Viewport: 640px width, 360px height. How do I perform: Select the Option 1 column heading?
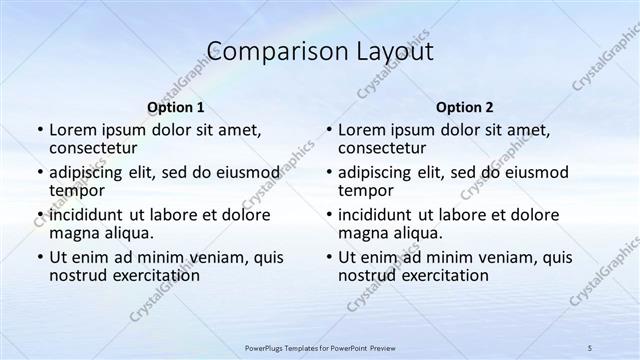coord(176,107)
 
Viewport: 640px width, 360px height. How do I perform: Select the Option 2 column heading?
coord(465,107)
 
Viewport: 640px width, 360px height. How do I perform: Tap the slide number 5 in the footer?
coord(590,346)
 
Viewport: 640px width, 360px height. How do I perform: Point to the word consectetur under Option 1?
coord(93,148)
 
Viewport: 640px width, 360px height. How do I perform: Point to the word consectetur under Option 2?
coord(382,148)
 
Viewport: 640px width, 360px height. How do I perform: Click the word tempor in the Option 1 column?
coord(74,191)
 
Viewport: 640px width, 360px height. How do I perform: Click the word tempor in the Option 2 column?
coord(363,191)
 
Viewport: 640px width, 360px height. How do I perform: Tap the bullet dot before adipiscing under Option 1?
coord(40,173)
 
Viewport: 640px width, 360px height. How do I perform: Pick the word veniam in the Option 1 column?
coord(223,257)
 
